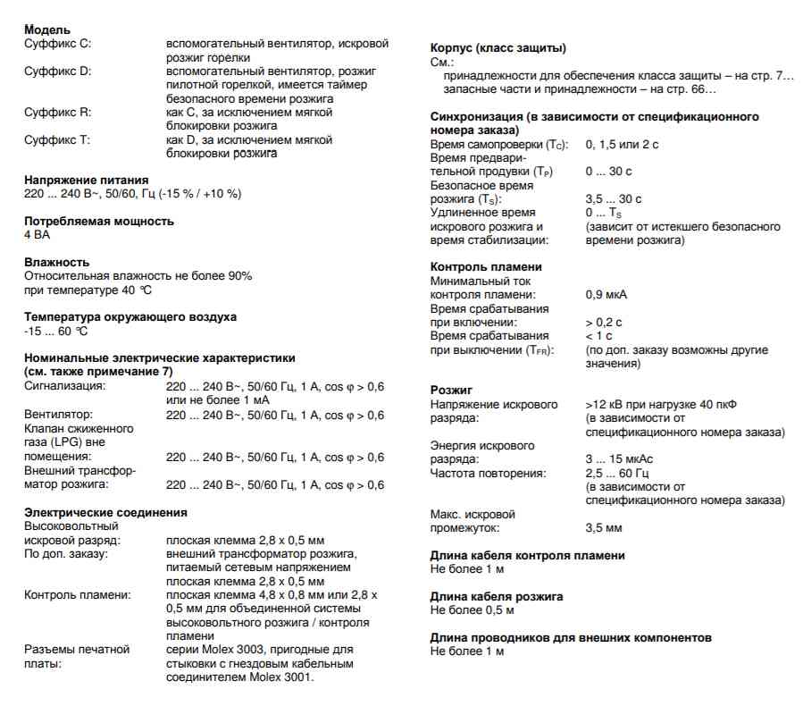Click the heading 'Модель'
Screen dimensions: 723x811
tap(47, 30)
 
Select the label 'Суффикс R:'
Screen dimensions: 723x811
tap(57, 113)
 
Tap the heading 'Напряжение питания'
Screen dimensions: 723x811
tap(87, 180)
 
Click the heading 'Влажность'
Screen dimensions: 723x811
tap(57, 262)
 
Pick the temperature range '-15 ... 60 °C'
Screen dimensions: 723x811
tap(56, 332)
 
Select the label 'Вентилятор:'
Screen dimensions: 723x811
tap(58, 415)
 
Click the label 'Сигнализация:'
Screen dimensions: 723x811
tap(65, 386)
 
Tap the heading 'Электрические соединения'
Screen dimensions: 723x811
tap(105, 512)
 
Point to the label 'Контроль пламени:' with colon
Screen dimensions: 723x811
tap(78, 594)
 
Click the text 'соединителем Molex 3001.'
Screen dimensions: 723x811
tap(240, 677)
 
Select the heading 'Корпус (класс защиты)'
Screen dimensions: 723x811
tap(498, 48)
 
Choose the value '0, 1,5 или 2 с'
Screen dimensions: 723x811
tap(622, 144)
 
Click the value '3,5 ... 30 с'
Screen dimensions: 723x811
tap(614, 198)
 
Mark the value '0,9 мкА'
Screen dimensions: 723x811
tap(606, 294)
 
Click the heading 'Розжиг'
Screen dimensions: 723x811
tap(452, 391)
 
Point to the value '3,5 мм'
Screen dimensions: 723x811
tap(604, 528)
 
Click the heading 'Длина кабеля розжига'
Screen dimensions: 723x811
tap(497, 596)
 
